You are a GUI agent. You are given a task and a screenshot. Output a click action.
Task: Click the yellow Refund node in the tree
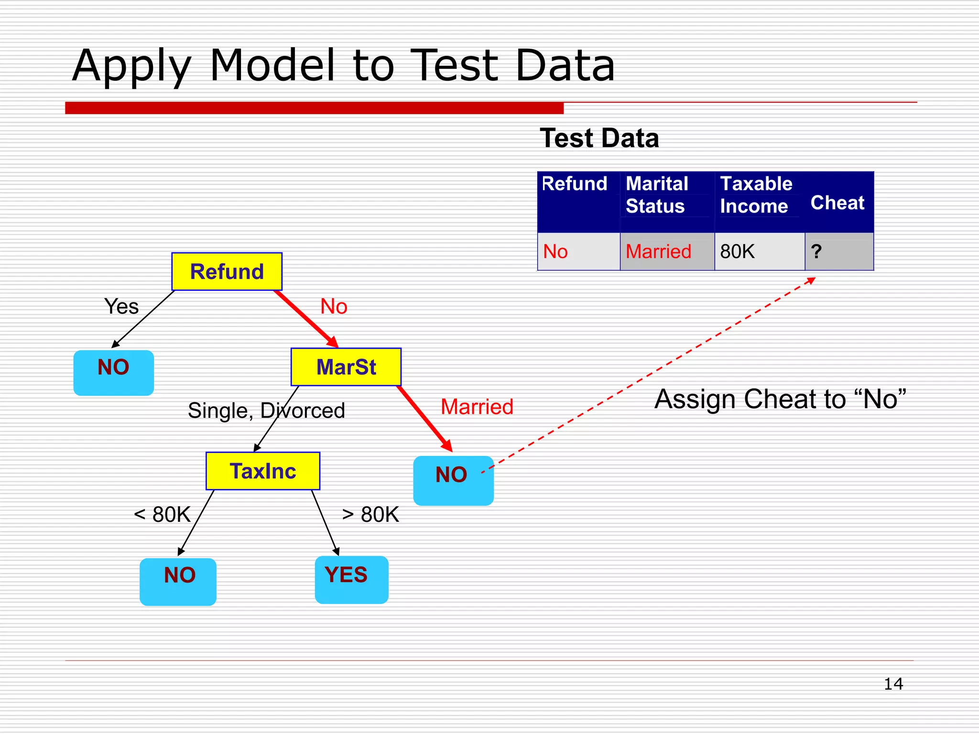click(x=227, y=271)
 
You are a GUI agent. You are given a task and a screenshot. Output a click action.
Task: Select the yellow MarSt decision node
click(x=346, y=367)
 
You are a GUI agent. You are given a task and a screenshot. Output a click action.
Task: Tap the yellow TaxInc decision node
click(x=263, y=471)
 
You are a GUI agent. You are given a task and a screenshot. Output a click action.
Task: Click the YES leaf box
click(x=351, y=579)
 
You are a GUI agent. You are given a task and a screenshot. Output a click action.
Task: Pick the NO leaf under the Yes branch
click(x=114, y=372)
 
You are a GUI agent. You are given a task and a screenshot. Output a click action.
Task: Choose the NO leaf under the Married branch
click(x=453, y=480)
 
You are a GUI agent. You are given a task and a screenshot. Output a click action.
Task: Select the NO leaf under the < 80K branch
click(x=178, y=581)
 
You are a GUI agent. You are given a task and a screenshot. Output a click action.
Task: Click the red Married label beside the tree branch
click(x=477, y=407)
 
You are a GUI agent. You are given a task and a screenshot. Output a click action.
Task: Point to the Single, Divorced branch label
click(x=266, y=410)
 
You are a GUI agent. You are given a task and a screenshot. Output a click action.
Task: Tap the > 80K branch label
click(x=370, y=515)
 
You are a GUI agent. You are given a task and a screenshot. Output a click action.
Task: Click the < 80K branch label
click(x=162, y=515)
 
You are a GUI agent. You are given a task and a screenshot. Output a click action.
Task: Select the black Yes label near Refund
click(x=121, y=306)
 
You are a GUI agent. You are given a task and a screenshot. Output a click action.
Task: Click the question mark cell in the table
click(x=839, y=252)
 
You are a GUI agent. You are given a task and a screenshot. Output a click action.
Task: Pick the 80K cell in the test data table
click(x=759, y=252)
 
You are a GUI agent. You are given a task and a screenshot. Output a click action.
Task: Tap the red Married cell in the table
click(x=667, y=252)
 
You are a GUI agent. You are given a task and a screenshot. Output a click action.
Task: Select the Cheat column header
click(x=838, y=203)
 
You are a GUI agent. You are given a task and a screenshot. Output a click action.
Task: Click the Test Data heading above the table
click(x=599, y=139)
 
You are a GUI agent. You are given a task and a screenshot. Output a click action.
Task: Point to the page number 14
click(x=893, y=684)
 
